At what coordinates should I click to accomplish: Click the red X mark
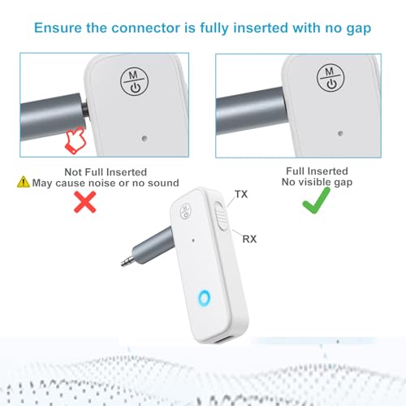[x=85, y=202]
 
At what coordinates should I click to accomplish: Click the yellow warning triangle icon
[x=24, y=182]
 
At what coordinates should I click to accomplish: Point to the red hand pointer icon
[x=76, y=140]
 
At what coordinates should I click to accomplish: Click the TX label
[x=241, y=194]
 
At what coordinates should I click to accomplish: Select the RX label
[x=249, y=239]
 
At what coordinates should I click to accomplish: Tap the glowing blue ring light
[x=204, y=298]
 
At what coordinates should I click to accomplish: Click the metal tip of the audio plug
[x=127, y=261]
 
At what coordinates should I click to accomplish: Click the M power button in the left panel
[x=134, y=81]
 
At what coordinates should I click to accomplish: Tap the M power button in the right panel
[x=330, y=78]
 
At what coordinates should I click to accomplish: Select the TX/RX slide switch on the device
[x=222, y=216]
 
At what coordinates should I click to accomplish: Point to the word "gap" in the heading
[x=359, y=29]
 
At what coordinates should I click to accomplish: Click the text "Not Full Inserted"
[x=106, y=172]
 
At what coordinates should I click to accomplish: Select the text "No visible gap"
[x=317, y=182]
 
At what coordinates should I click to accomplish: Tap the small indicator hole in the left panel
[x=145, y=139]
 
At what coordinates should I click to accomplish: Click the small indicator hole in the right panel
[x=340, y=133]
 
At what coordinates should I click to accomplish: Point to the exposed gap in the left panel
[x=85, y=110]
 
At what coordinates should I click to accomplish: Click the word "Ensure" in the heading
[x=58, y=28]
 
